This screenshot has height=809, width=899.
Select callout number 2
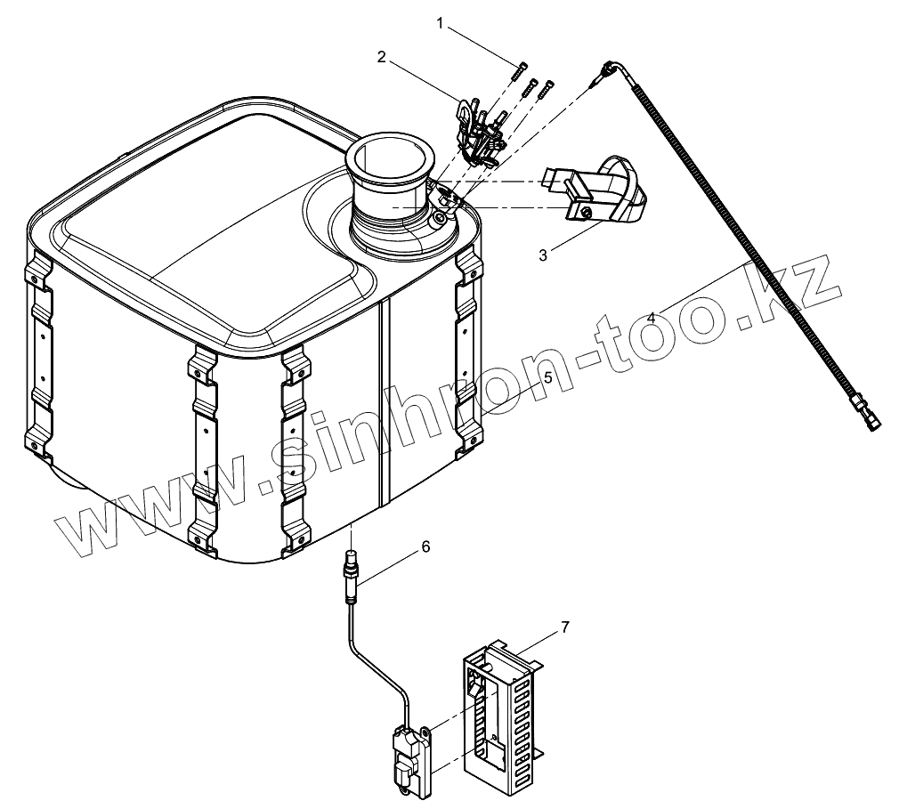click(381, 57)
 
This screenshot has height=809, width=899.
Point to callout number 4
click(652, 317)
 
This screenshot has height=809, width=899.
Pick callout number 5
click(547, 377)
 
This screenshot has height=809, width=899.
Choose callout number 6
click(425, 546)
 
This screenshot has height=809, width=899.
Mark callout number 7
click(564, 628)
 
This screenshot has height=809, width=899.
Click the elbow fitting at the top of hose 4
click(611, 69)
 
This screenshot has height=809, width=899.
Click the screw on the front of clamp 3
click(586, 211)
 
